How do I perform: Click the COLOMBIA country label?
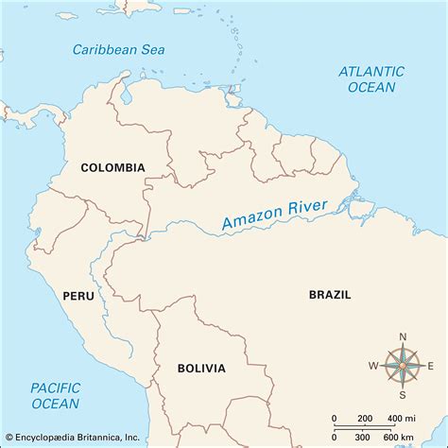(x=112, y=168)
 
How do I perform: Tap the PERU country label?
(x=78, y=296)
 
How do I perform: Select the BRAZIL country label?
(x=330, y=295)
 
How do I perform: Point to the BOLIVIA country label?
(x=200, y=367)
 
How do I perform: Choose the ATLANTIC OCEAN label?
(x=371, y=78)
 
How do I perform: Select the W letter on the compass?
(x=373, y=366)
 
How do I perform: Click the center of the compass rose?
(x=403, y=366)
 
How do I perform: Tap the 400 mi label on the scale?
(x=404, y=418)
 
